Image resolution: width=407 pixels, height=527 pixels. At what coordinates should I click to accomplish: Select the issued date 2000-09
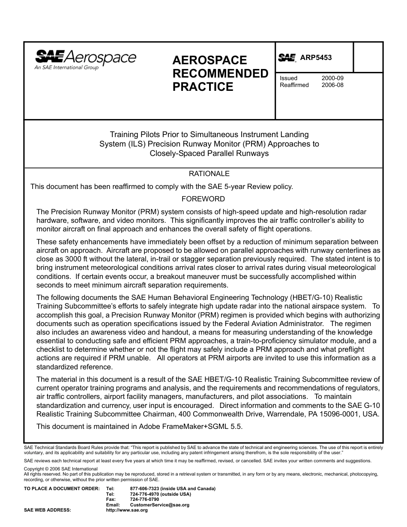click(x=332, y=78)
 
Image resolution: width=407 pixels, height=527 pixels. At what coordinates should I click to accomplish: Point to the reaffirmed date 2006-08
click(x=332, y=85)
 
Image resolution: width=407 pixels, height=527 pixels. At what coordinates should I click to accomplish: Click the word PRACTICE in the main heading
click(x=203, y=87)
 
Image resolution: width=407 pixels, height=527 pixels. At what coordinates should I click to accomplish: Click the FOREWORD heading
click(x=203, y=199)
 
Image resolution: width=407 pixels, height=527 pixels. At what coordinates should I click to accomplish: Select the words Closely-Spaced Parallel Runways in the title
click(x=209, y=153)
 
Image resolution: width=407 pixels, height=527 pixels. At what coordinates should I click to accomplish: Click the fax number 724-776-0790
click(x=144, y=500)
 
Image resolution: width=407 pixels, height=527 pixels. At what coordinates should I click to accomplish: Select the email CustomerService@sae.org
click(x=159, y=505)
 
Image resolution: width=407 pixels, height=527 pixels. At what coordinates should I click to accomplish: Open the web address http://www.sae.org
click(x=127, y=510)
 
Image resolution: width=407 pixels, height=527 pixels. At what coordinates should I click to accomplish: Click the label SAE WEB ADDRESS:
click(x=47, y=510)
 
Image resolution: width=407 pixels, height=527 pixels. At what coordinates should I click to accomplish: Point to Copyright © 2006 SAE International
click(x=60, y=469)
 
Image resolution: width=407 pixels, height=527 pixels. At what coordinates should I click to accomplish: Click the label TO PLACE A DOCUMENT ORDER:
click(x=62, y=489)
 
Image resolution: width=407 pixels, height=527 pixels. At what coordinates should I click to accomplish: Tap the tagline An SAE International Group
click(x=66, y=67)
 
